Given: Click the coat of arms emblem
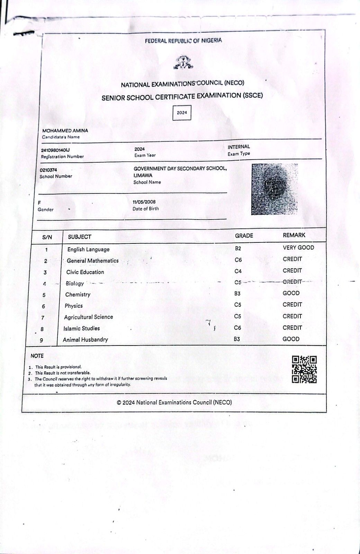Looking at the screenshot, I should click(183, 63).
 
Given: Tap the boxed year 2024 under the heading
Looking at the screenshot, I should click(182, 113).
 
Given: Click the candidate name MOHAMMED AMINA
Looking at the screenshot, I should click(65, 131).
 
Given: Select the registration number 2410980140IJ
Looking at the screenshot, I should click(55, 150).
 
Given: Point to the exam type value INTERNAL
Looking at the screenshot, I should click(238, 147).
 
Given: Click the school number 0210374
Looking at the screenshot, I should click(48, 170).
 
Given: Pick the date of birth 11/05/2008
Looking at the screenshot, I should click(144, 202).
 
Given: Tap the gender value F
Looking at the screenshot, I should click(39, 203).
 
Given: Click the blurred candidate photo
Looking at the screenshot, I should click(274, 189).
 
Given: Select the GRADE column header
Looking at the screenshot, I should click(244, 235).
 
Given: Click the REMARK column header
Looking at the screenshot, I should click(294, 235).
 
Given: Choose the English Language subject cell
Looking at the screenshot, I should click(88, 249).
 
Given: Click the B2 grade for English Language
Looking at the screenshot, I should click(238, 249).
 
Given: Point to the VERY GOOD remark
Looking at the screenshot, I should click(298, 248).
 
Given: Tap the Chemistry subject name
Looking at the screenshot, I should click(78, 295).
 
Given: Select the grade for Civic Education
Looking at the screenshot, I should click(238, 271).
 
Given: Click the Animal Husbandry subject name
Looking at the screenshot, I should click(85, 340).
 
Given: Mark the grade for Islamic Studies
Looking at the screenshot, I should click(237, 328).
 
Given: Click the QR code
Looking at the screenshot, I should click(304, 369).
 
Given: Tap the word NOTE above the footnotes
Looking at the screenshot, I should click(37, 356).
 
